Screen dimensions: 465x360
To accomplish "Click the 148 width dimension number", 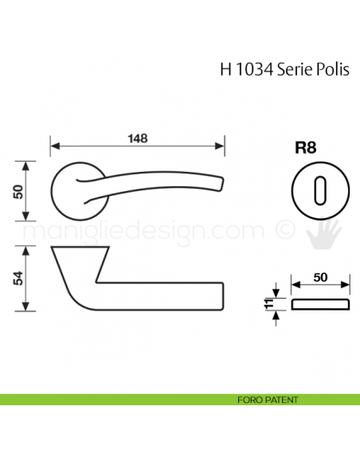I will [138, 138].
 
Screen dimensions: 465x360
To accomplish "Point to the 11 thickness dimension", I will [268, 303].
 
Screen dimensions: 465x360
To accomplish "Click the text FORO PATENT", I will [268, 398].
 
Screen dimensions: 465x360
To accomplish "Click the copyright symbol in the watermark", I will [283, 230].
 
